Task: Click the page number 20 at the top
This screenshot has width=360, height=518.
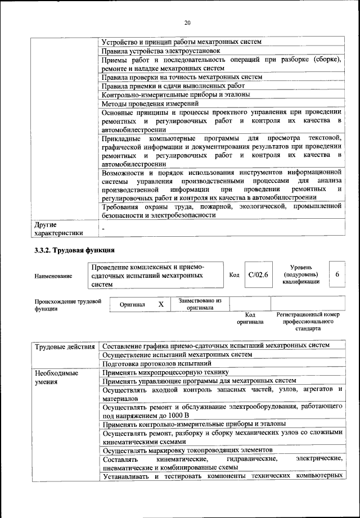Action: point(187,22)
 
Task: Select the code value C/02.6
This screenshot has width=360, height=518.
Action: point(259,274)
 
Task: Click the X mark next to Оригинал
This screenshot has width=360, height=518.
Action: point(160,304)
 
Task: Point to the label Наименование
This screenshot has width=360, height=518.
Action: point(53,276)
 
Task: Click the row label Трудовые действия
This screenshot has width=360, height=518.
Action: point(65,345)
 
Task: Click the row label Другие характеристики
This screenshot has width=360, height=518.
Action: point(59,229)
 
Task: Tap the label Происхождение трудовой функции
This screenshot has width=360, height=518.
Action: point(67,305)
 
